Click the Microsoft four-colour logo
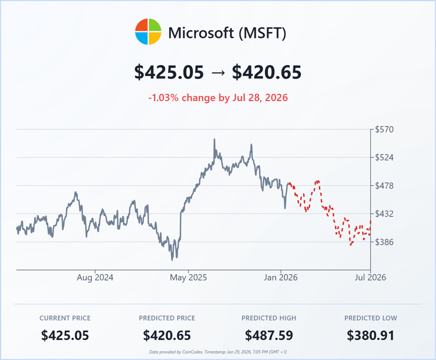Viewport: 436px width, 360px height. pos(148,32)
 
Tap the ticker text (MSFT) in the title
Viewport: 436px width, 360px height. pos(262,33)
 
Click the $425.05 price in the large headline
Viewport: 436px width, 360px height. pos(169,72)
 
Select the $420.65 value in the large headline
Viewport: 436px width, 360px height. pos(267,72)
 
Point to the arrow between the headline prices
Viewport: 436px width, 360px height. pos(218,73)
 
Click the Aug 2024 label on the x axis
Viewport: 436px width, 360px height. pos(95,277)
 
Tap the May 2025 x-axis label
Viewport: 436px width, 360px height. pos(188,277)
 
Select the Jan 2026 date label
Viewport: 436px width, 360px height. pos(281,277)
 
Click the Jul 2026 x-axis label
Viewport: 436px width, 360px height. pos(370,277)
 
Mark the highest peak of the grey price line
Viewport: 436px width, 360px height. pos(214,139)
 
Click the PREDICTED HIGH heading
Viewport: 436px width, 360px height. pos(269,318)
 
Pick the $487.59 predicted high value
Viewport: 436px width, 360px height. pos(269,335)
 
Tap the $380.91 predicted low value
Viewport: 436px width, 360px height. pos(370,335)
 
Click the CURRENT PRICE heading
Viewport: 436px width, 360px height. pos(65,318)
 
